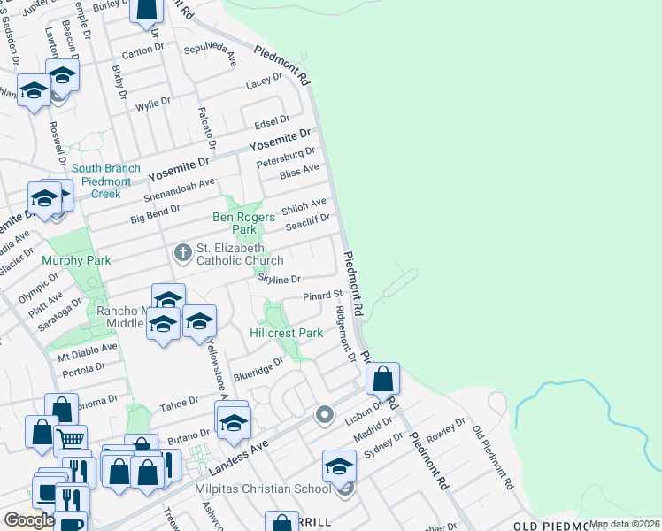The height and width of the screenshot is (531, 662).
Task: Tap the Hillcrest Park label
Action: (287, 334)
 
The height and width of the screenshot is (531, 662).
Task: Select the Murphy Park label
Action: (76, 261)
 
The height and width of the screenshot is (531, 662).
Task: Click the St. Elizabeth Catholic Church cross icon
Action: (183, 254)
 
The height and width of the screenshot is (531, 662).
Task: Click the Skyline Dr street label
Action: (280, 279)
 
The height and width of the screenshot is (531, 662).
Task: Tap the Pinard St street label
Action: (322, 296)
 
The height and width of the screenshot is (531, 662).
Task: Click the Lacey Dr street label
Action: (264, 81)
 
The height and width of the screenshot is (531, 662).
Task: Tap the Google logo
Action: (29, 520)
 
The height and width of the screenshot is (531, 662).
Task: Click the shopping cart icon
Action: (71, 437)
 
